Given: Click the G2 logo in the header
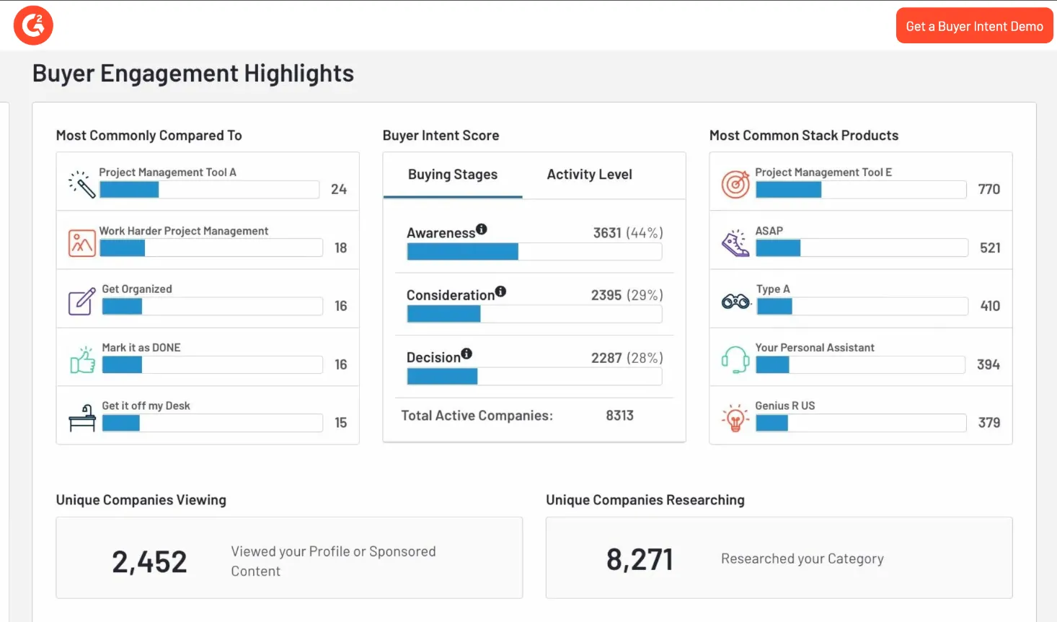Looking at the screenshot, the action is [x=33, y=25].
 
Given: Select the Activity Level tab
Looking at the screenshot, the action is [x=589, y=175].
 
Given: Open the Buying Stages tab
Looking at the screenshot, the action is [x=453, y=175].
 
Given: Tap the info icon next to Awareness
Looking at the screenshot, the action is [x=482, y=229].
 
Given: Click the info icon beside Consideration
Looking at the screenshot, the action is [x=500, y=292].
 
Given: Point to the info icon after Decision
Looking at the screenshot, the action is [x=466, y=354].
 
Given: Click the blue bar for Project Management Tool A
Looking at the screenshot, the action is [x=129, y=189].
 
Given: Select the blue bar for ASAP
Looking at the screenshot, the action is [x=778, y=248].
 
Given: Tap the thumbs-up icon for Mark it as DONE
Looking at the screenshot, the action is [x=82, y=360].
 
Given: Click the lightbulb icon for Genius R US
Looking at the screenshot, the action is [x=735, y=418].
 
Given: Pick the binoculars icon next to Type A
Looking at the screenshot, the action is [x=735, y=302].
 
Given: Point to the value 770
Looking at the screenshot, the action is [x=989, y=189].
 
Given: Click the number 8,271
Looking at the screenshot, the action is [x=640, y=560].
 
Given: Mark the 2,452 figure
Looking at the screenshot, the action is [x=149, y=562].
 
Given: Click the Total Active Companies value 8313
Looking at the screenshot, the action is [x=619, y=416].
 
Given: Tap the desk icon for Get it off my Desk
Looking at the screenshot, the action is [x=82, y=418].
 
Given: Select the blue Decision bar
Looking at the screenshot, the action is [x=442, y=377].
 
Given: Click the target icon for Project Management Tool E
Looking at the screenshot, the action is [x=735, y=184].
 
